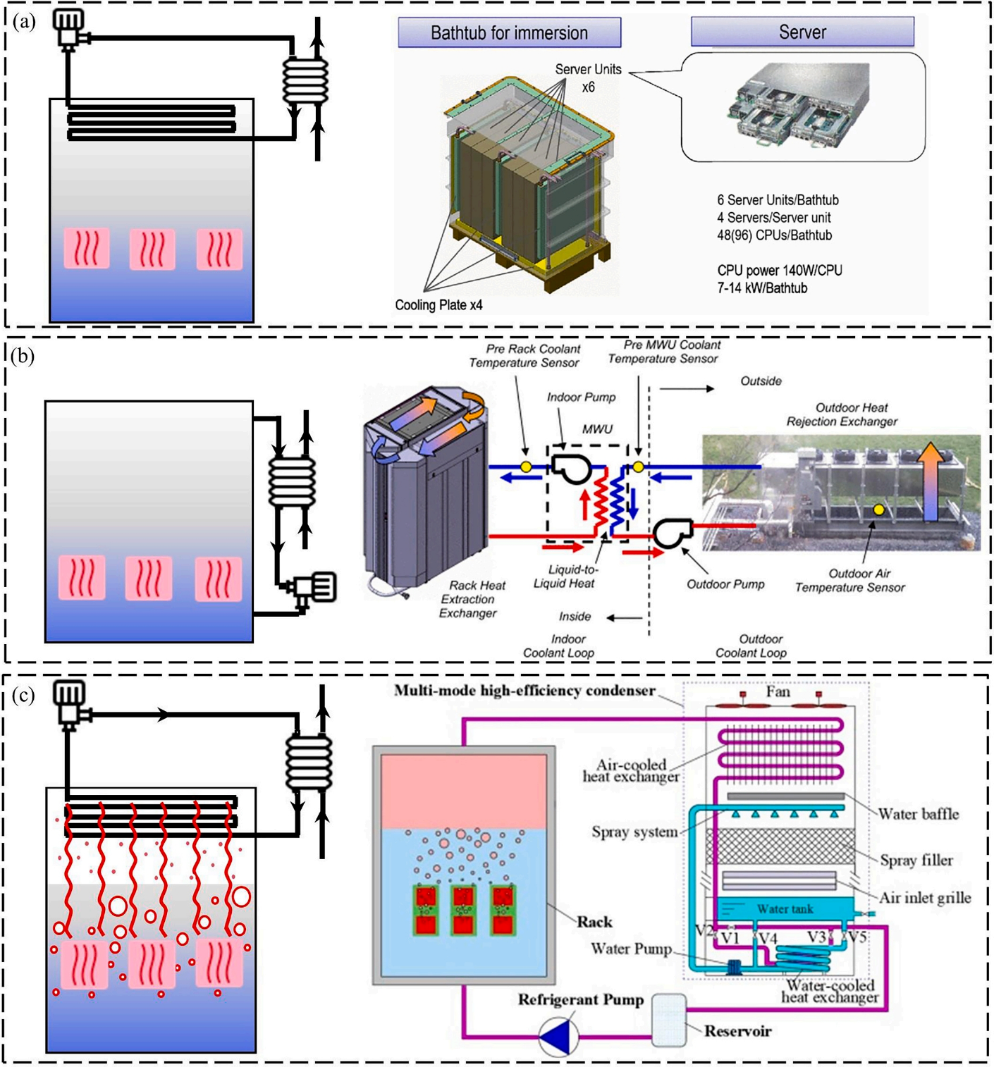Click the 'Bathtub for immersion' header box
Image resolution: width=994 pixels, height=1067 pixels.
(509, 33)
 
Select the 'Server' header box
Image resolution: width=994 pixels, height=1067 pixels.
(802, 32)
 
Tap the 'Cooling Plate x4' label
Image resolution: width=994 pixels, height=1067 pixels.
(438, 305)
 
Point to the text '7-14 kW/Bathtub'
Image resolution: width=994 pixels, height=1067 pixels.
(762, 288)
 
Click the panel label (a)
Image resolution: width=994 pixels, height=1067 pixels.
(24, 22)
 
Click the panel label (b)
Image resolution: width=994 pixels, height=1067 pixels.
(23, 356)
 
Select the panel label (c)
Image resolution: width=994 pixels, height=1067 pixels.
(23, 696)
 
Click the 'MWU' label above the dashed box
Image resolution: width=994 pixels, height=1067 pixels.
(597, 429)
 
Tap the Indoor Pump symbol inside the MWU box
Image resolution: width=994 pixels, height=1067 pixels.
(571, 467)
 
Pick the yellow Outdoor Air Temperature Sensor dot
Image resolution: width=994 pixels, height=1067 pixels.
(878, 510)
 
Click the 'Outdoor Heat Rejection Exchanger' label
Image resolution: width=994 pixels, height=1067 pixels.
(842, 414)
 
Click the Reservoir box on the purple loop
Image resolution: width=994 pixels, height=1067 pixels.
(668, 1019)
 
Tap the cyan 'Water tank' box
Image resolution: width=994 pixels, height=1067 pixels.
(785, 909)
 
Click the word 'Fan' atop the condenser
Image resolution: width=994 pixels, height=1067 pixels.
(778, 692)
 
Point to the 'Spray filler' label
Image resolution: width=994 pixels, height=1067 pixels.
(916, 861)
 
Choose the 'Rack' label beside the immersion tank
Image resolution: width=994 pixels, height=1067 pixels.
(594, 922)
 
